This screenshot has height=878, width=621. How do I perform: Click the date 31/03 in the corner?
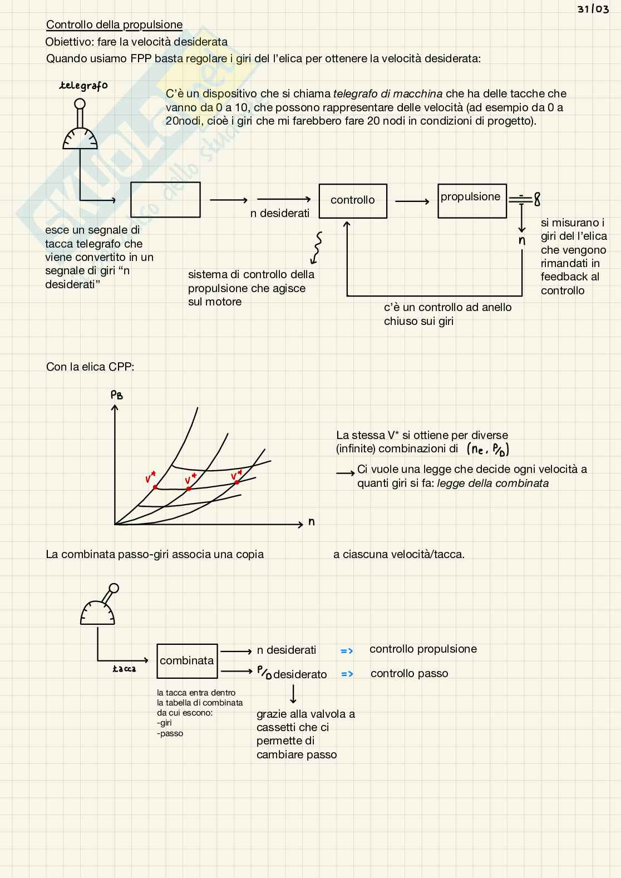(x=593, y=9)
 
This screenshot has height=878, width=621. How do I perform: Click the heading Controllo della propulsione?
(x=114, y=24)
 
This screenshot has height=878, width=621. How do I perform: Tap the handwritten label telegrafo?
(x=83, y=86)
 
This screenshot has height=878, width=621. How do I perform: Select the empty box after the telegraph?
(x=165, y=199)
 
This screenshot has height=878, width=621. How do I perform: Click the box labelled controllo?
(x=353, y=200)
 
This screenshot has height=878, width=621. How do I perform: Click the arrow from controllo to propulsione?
(x=412, y=201)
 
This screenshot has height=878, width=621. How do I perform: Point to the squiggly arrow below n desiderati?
(x=317, y=248)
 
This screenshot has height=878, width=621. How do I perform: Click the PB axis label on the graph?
(x=116, y=395)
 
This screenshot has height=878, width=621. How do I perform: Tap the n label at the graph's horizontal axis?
(x=312, y=522)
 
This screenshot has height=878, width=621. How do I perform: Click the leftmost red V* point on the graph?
(x=155, y=487)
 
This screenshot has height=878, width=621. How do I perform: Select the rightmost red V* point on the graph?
(x=237, y=482)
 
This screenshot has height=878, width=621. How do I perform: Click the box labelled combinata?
(x=187, y=660)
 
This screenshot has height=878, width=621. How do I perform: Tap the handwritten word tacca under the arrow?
(x=124, y=669)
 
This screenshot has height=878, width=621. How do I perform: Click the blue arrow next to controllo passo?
(x=347, y=674)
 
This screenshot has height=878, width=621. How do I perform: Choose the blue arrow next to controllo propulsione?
(x=347, y=650)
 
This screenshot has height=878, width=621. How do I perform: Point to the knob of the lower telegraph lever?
(x=114, y=588)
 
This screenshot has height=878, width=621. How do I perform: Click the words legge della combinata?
(x=492, y=483)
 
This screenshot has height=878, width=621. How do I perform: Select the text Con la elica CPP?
(x=90, y=367)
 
